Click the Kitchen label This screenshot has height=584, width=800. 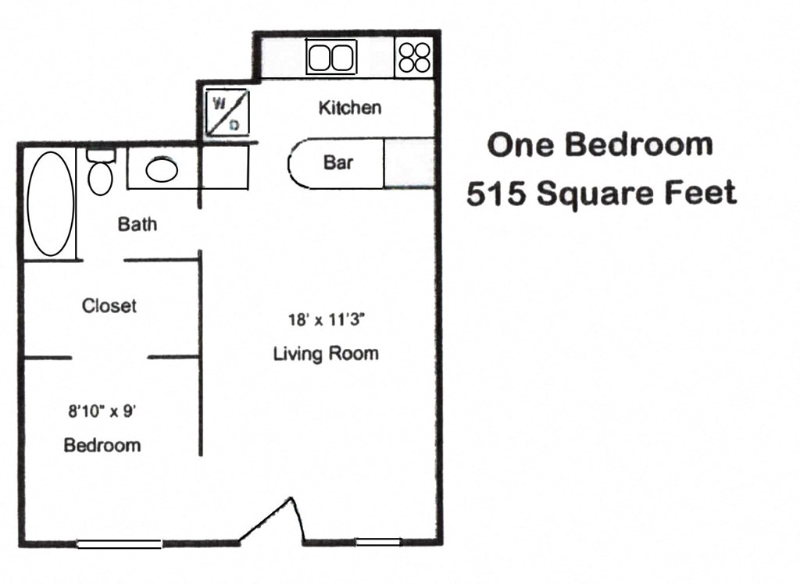click(350, 108)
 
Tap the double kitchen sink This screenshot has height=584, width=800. click(330, 57)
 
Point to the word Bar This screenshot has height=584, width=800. click(338, 162)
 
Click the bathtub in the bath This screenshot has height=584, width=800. click(51, 203)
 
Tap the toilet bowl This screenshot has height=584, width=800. click(100, 176)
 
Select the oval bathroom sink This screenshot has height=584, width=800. click(162, 169)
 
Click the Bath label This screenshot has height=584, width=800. click(137, 225)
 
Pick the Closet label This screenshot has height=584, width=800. click(109, 305)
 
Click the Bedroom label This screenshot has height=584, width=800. click(102, 445)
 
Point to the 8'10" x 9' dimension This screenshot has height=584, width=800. click(102, 411)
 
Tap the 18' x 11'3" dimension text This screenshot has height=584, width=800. click(327, 319)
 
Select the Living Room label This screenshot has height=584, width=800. click(326, 354)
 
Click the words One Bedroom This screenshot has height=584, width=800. click(600, 145)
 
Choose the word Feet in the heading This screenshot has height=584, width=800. click(701, 193)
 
